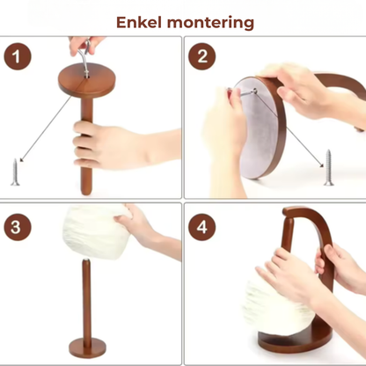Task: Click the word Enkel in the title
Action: coord(139,22)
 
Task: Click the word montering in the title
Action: coord(210,24)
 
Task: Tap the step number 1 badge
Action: coord(18,56)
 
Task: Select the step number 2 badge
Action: coord(201,56)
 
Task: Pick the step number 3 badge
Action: coord(18,227)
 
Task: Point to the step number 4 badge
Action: coord(201,227)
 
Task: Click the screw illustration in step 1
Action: coord(15,172)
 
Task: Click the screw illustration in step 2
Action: coord(329,167)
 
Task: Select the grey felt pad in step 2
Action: coord(255,126)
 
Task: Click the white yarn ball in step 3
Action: coord(95,231)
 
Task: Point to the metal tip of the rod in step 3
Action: coord(86,260)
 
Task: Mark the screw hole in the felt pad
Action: coord(255,91)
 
